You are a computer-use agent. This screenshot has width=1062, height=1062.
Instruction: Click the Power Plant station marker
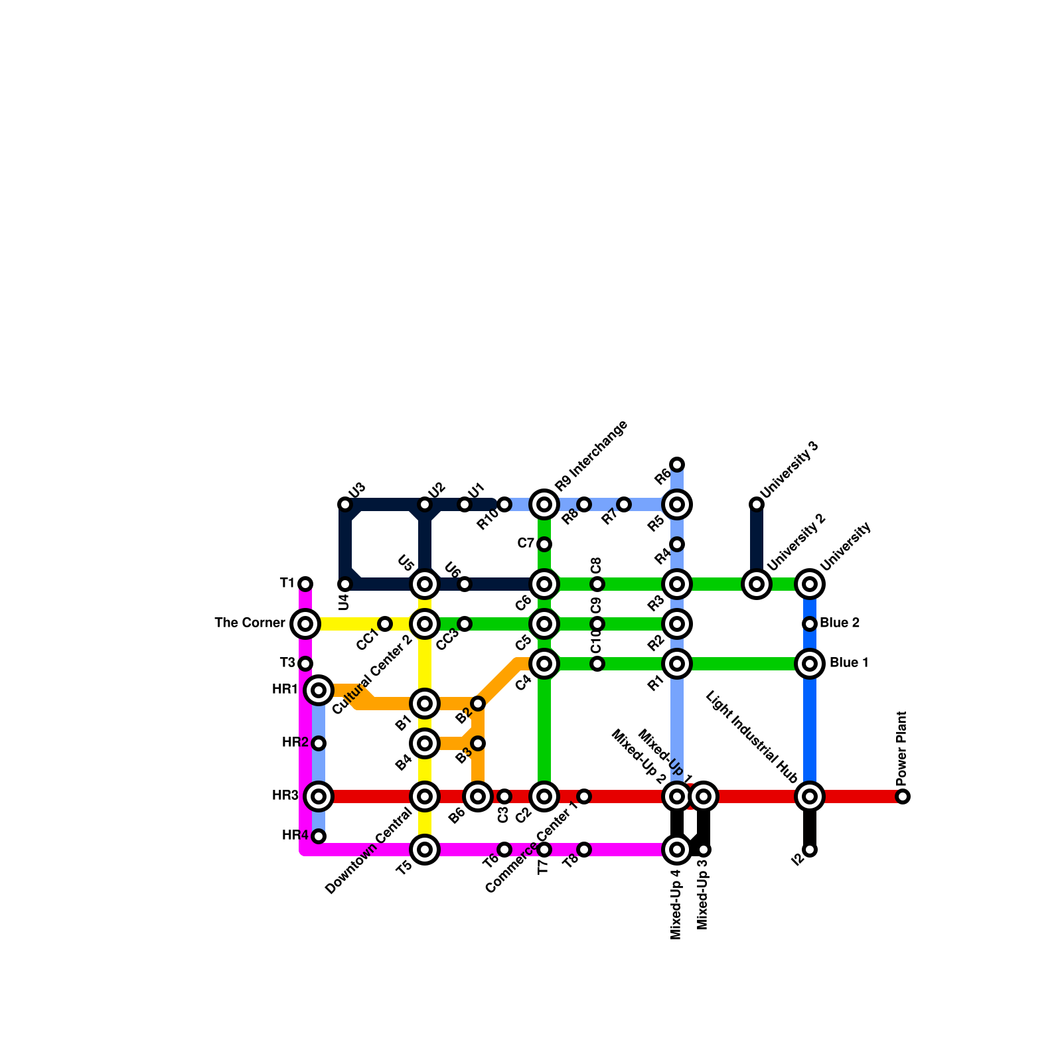click(x=903, y=796)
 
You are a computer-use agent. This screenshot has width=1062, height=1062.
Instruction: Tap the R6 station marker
click(x=677, y=464)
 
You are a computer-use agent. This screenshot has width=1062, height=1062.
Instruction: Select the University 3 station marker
click(x=757, y=504)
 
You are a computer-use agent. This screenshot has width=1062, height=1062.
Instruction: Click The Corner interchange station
click(x=305, y=624)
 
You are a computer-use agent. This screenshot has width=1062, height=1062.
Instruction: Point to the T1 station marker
click(x=305, y=584)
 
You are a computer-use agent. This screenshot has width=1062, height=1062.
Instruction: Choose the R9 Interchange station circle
click(x=544, y=504)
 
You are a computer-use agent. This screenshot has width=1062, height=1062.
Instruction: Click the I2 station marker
click(x=810, y=850)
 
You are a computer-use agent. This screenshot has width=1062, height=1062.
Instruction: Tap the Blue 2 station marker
click(x=810, y=624)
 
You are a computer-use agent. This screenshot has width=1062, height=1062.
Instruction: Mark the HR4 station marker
click(x=319, y=836)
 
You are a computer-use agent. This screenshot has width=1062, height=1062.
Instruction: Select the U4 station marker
click(x=345, y=584)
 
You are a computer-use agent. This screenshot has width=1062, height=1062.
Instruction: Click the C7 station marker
click(x=544, y=544)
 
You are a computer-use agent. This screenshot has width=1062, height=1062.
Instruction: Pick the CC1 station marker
click(x=385, y=624)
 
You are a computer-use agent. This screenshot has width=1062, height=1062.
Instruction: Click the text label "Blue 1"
click(x=849, y=663)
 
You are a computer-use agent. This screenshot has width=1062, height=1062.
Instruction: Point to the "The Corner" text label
click(x=250, y=623)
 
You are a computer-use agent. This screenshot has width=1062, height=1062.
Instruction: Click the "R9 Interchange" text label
click(x=591, y=455)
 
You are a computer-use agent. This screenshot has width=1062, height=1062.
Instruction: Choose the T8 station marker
click(x=584, y=850)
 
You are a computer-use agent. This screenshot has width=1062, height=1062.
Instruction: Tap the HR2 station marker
click(x=319, y=743)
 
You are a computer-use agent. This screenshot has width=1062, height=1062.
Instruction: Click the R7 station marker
click(x=624, y=504)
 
